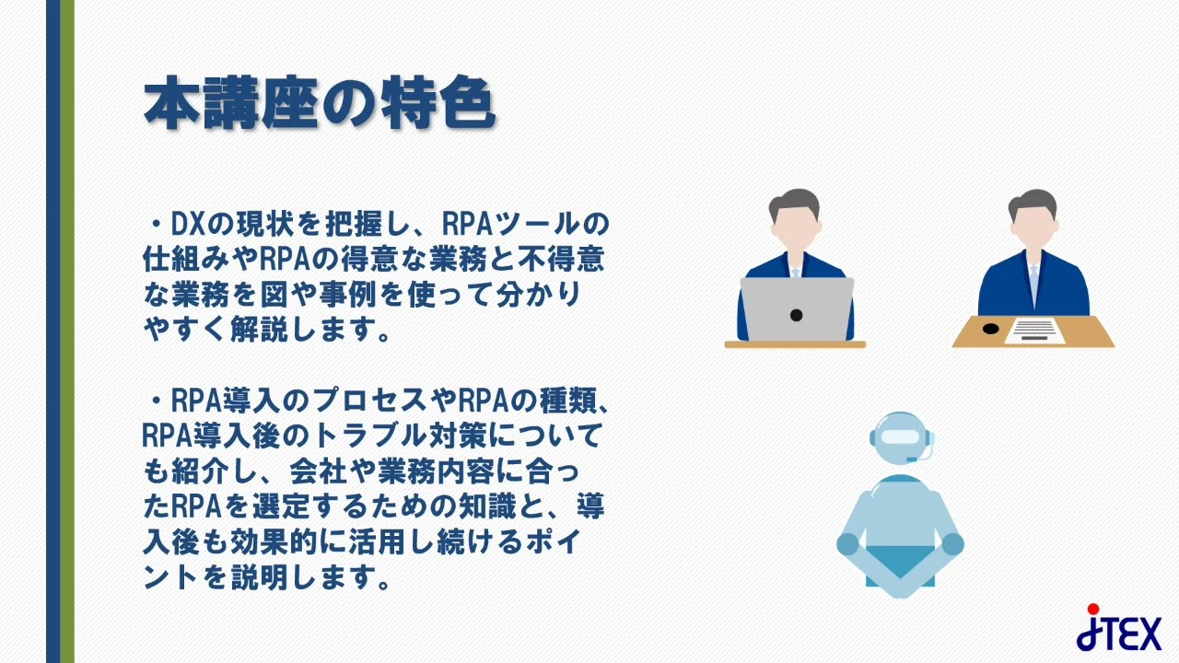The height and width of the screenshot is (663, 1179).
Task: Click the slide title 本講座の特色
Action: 320,104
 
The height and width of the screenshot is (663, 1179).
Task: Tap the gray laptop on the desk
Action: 797,309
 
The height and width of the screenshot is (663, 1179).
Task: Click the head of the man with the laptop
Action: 793,221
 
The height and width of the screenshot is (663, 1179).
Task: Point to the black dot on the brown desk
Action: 990,328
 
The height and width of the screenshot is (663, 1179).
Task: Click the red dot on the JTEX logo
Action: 1093,609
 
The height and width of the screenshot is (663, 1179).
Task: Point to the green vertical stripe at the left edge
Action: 67,331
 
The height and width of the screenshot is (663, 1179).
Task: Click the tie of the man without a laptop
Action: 1033,280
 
